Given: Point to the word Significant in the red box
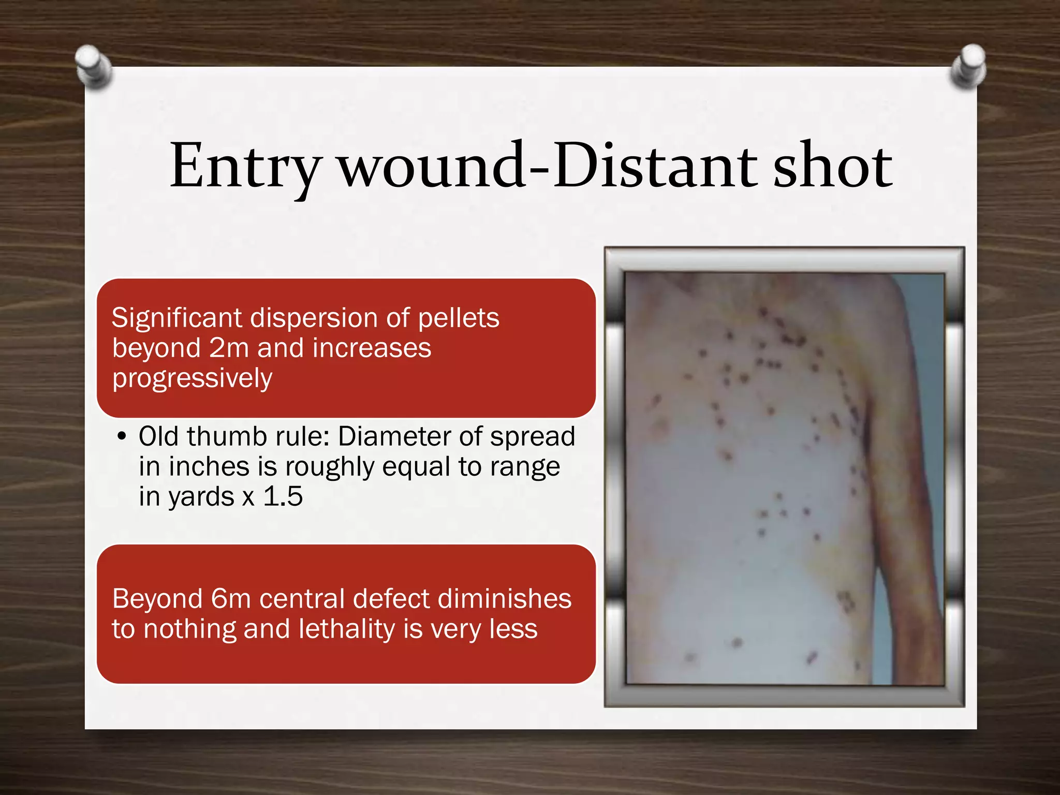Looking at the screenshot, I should [x=176, y=318].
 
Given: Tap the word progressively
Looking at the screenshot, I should [x=193, y=379].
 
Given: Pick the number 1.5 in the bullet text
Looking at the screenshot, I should [x=283, y=497].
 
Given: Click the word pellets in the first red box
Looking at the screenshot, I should [x=459, y=318].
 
